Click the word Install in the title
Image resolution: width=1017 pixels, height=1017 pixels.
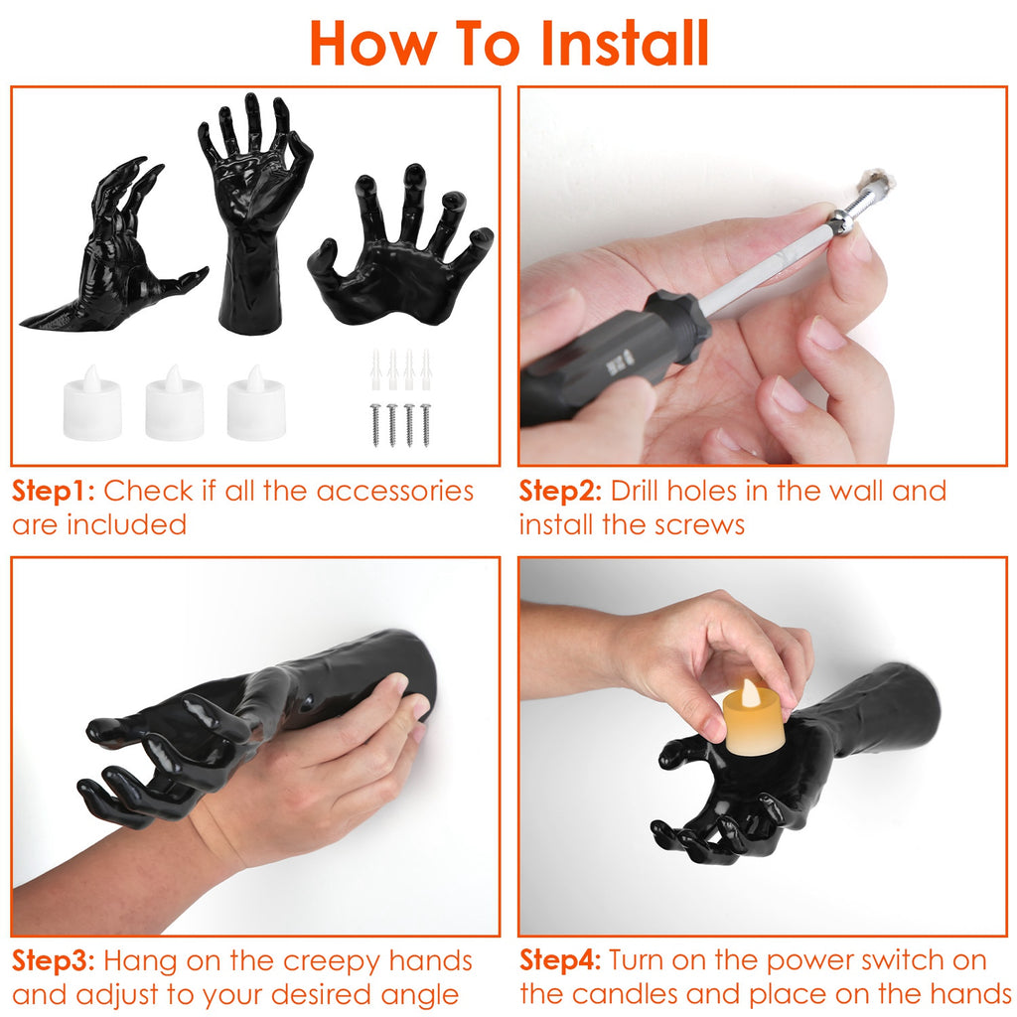(x=624, y=43)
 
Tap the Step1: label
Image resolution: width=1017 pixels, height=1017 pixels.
(x=54, y=492)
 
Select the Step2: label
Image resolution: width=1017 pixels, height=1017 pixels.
(x=561, y=492)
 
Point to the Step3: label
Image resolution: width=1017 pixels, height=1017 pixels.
(x=54, y=961)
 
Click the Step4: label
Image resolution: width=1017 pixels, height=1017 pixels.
(x=561, y=960)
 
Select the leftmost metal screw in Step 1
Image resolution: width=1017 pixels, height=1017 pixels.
(x=375, y=425)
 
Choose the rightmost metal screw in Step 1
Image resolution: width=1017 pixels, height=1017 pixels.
(x=425, y=425)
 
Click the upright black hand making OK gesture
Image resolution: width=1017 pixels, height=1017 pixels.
(x=254, y=215)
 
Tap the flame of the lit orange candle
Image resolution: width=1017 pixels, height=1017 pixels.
(x=753, y=692)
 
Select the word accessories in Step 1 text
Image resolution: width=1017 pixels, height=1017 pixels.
(x=395, y=492)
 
